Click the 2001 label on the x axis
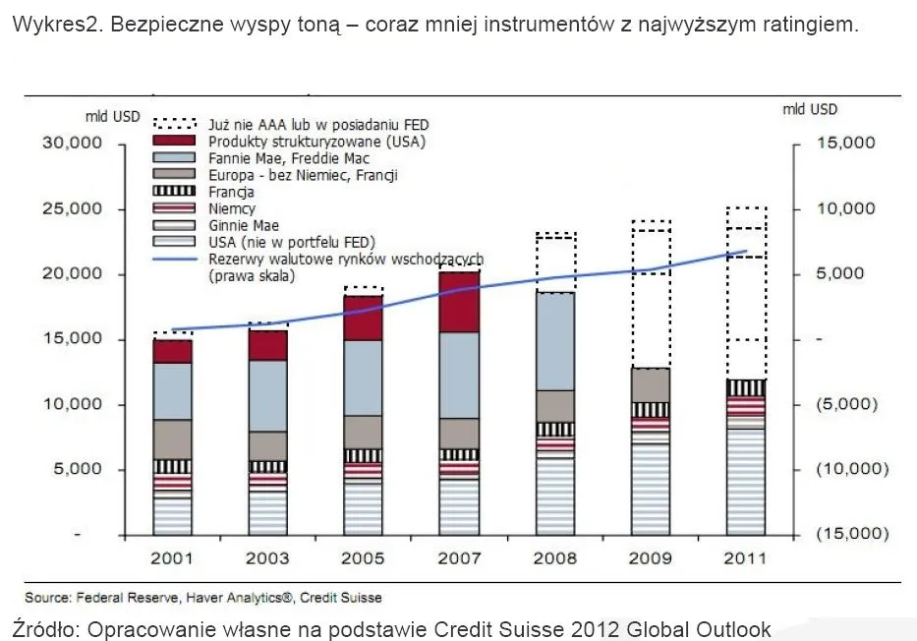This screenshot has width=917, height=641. click(x=173, y=558)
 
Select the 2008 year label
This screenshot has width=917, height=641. click(x=554, y=558)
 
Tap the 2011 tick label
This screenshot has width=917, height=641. click(x=746, y=558)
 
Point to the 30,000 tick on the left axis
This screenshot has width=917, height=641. click(x=72, y=144)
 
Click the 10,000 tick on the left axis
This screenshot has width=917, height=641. click(x=72, y=404)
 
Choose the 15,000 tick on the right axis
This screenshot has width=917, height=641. click(x=844, y=144)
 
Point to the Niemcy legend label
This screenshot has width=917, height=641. click(x=232, y=209)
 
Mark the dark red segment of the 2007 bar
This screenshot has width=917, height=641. click(x=460, y=302)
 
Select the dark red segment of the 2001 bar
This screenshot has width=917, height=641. click(x=173, y=351)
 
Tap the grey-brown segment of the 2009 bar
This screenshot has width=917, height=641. click(x=651, y=384)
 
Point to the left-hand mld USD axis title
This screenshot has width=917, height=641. click(x=113, y=116)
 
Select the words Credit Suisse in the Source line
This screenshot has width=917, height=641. click(x=341, y=597)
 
